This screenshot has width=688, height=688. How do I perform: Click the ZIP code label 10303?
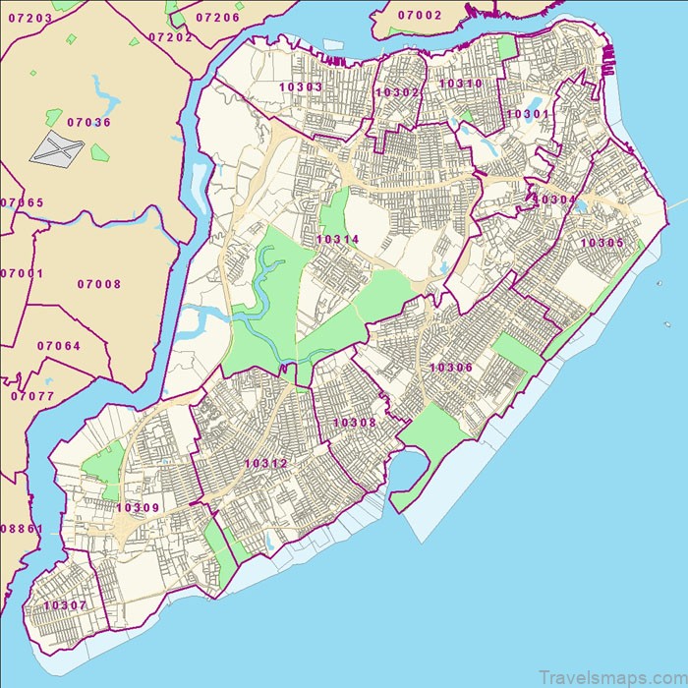coord(301,87)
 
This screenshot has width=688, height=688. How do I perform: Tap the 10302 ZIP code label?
coord(398,92)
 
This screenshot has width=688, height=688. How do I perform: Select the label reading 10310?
coord(461,85)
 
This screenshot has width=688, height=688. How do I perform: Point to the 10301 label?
coord(530,115)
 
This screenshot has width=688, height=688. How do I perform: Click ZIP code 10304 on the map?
coord(554,200)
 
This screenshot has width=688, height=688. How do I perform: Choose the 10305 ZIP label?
coord(602,243)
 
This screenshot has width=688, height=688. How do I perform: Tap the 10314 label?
coord(337,239)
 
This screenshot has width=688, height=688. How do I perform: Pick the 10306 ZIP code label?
coord(451,368)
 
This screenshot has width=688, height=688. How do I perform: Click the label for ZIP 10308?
coord(355,423)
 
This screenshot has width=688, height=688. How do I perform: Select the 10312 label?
coord(266,464)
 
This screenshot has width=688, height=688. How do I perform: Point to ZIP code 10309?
coord(138,508)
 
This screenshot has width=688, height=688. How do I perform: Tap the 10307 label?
coord(65,605)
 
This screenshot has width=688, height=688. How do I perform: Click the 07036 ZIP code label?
coord(89,123)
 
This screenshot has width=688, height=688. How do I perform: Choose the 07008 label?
coord(99,285)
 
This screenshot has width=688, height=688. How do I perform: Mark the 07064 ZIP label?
coord(59,346)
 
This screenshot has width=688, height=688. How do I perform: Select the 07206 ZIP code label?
coord(218,18)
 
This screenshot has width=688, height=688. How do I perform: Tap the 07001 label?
coord(22,273)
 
